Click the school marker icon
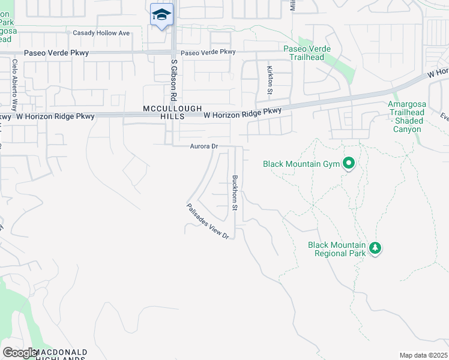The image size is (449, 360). [x=161, y=14]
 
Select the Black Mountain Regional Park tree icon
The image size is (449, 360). [x=375, y=248]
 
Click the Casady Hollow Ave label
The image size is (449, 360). [x=101, y=33]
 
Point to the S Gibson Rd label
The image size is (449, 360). [x=173, y=79]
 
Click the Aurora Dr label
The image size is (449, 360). [x=203, y=146]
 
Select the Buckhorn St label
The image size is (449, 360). [x=235, y=192]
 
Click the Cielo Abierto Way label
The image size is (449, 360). [x=13, y=84]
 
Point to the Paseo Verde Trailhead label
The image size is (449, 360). [x=304, y=53]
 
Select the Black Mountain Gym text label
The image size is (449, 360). [x=301, y=163]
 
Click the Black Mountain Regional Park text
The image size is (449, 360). [x=337, y=249]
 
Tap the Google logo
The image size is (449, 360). [x=20, y=353]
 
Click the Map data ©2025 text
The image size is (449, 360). [x=423, y=355]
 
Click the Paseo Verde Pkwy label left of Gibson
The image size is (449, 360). [x=56, y=53]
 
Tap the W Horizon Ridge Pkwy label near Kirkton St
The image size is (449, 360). [x=243, y=112]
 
